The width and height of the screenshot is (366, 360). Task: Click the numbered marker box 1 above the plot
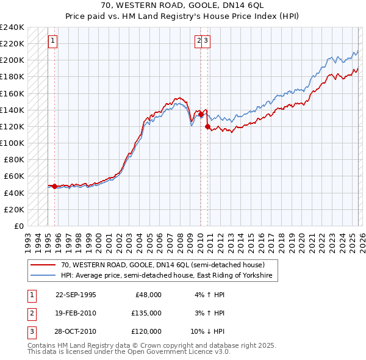[x=53, y=41]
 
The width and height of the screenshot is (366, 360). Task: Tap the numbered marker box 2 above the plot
[x=199, y=41]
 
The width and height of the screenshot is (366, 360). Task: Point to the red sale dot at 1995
[x=55, y=186]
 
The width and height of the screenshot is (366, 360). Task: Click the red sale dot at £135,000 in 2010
[x=201, y=113]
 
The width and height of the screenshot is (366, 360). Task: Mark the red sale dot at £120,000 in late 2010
[x=208, y=126]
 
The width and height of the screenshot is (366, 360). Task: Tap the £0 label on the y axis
[x=20, y=226]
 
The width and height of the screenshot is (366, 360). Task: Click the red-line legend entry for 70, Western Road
[x=162, y=265]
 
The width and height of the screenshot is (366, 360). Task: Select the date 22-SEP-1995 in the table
[x=76, y=295]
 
